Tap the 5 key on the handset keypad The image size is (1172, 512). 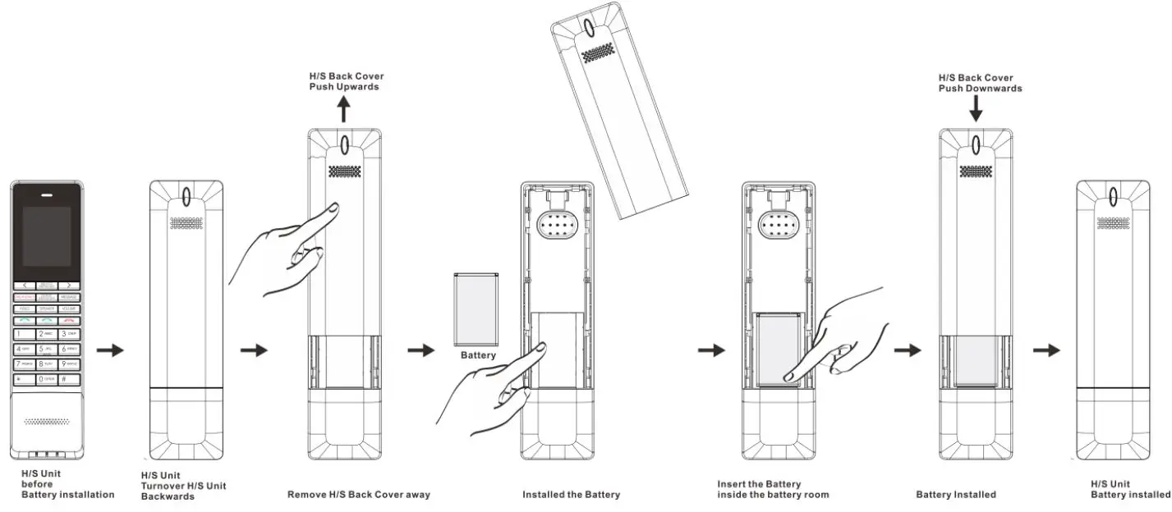46,349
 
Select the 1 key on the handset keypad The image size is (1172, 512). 24,335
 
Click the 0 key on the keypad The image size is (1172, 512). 46,379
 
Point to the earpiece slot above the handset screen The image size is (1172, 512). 46,196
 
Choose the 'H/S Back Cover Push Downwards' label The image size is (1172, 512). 980,83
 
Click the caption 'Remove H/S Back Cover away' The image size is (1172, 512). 358,495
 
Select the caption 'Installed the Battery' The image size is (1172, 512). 571,495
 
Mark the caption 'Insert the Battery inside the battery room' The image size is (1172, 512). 772,489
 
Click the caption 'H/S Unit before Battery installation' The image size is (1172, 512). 67,484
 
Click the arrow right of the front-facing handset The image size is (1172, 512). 109,350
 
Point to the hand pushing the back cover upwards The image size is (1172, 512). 279,250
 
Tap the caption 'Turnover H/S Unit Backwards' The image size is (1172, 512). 183,486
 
